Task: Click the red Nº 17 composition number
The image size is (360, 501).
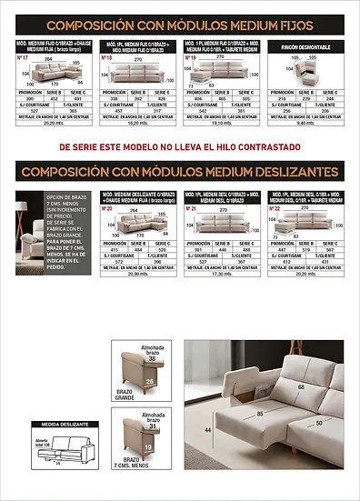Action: pos(25,56)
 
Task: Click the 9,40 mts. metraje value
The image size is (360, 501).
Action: pos(305,123)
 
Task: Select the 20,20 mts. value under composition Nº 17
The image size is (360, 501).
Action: pos(51,123)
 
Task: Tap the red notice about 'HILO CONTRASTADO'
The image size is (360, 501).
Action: pos(179,145)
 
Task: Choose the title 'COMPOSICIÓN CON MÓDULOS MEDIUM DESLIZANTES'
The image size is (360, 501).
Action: pos(178,171)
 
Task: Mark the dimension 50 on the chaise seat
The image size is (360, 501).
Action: pos(319,423)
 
